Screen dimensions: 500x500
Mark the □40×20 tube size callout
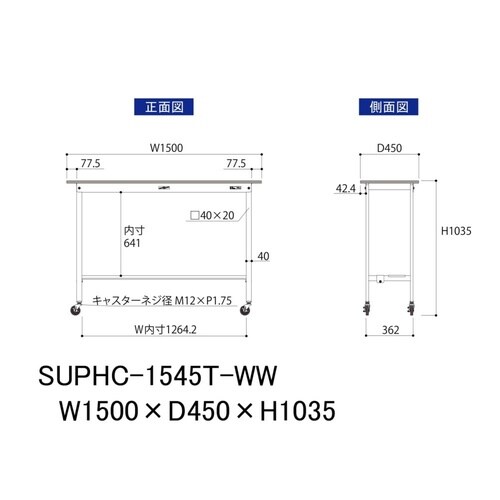click(x=213, y=215)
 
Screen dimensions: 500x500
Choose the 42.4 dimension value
click(x=344, y=186)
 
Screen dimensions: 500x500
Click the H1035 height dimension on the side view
click(x=457, y=232)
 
